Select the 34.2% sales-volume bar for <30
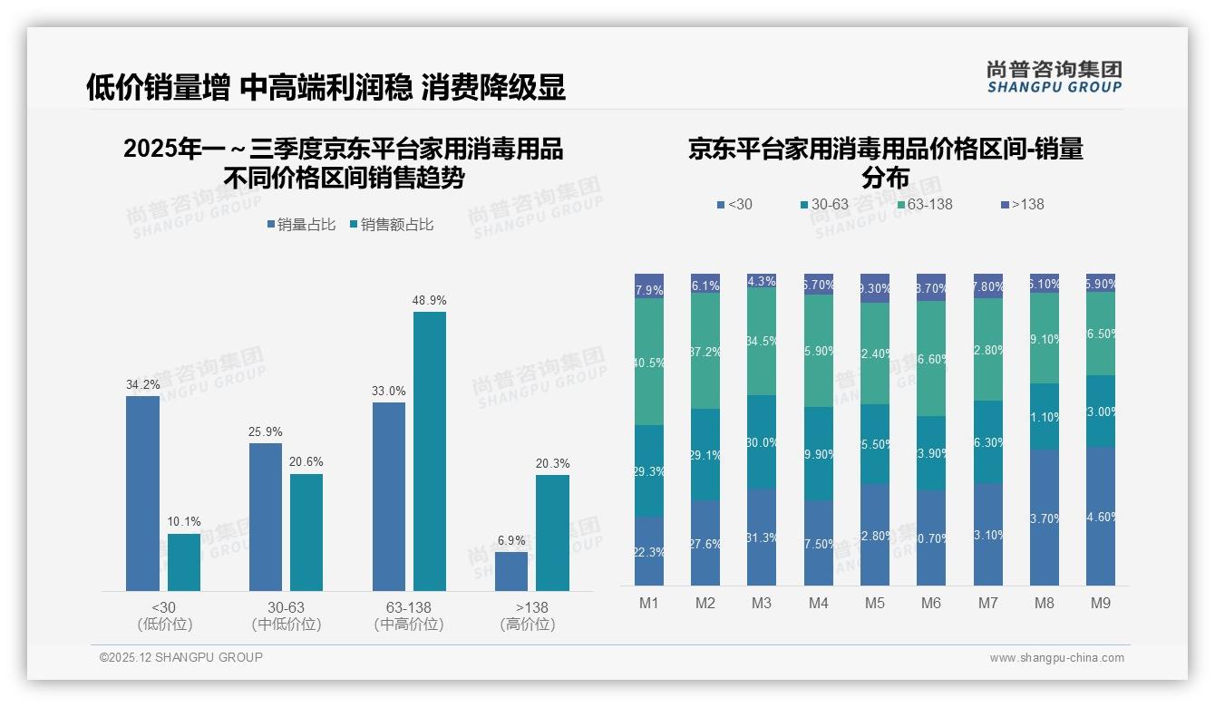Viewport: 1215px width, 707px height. click(142, 494)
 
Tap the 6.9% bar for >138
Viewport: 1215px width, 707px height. click(511, 572)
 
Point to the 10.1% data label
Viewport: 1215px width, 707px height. click(184, 521)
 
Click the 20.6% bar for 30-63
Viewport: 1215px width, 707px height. click(306, 532)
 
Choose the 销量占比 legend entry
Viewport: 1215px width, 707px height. click(301, 224)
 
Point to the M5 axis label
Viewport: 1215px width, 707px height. click(874, 603)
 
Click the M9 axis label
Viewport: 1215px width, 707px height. click(1101, 603)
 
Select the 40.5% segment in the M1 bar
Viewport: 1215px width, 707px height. click(649, 362)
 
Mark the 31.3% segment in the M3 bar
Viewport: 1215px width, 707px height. click(762, 538)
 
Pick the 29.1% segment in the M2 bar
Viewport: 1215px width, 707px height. click(705, 455)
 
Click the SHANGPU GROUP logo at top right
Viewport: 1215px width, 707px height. click(1054, 76)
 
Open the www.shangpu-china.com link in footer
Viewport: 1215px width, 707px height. click(1056, 658)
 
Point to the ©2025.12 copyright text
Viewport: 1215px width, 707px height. click(181, 657)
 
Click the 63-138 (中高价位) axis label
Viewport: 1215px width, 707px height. click(409, 615)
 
